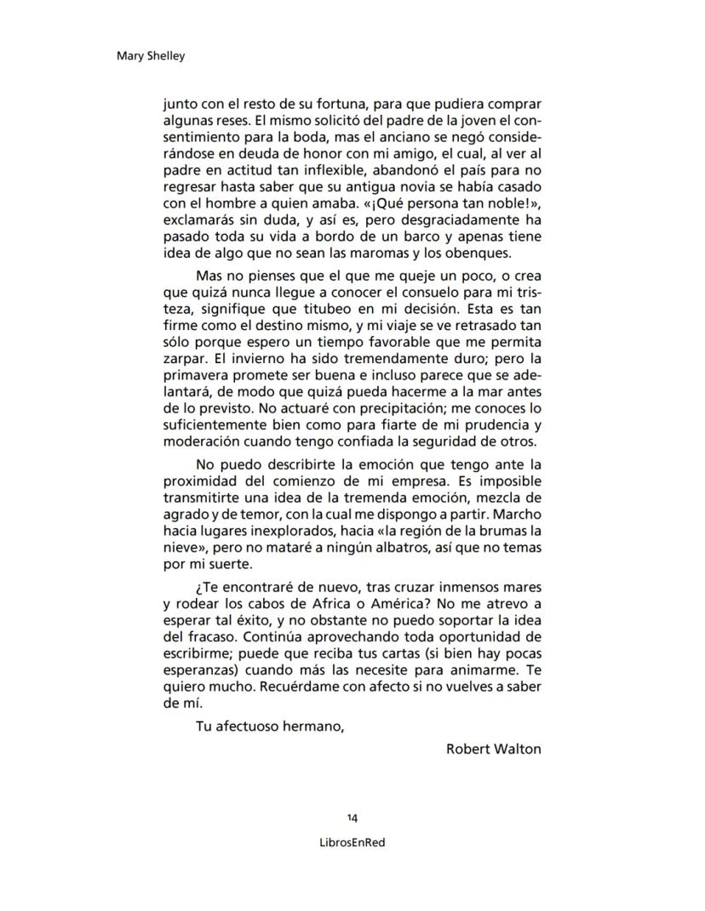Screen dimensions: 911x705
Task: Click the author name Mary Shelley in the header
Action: point(150,56)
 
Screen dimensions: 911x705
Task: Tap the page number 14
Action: point(352,817)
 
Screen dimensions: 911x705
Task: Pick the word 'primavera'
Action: point(199,376)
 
